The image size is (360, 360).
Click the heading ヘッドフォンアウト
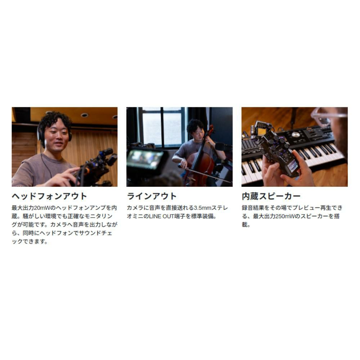pyautogui.click(x=49, y=196)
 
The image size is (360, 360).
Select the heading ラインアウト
pyautogui.click(x=152, y=196)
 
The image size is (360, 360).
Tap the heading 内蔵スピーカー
pyautogui.click(x=271, y=196)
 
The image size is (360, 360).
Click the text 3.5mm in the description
pyautogui.click(x=202, y=208)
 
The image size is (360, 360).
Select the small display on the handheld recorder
pyautogui.click(x=292, y=166)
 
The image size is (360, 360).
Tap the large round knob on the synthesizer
pyautogui.click(x=296, y=135)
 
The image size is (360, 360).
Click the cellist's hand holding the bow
pyautogui.click(x=183, y=163)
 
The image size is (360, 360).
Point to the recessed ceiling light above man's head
pyautogui.click(x=84, y=115)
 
